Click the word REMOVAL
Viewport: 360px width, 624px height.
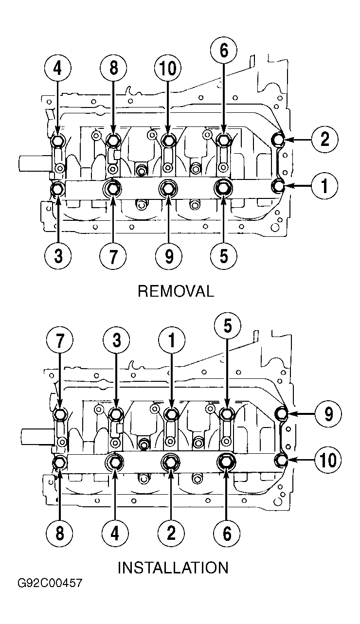[x=176, y=291]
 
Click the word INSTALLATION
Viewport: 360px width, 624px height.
[x=173, y=568]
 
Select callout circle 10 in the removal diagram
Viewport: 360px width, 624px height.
[x=168, y=68]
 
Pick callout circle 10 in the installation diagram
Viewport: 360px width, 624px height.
[x=328, y=460]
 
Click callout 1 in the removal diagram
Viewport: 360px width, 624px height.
[x=324, y=186]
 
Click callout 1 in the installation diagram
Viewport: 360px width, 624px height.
[x=172, y=340]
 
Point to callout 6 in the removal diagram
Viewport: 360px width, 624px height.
[x=224, y=51]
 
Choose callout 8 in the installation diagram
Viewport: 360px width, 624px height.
[x=60, y=533]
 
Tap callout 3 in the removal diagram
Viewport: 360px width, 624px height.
[x=58, y=256]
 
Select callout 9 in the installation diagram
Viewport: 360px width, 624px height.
[x=328, y=414]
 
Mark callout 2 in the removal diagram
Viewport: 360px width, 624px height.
[x=325, y=139]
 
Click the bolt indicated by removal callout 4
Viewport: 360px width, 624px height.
[x=58, y=141]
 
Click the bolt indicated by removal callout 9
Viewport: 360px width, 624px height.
[x=168, y=189]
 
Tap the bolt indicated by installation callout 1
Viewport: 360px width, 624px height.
[x=171, y=414]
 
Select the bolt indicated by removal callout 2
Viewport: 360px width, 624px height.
[x=278, y=139]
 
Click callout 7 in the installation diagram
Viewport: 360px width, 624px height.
[x=60, y=340]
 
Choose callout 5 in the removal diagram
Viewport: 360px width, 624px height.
[x=224, y=255]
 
